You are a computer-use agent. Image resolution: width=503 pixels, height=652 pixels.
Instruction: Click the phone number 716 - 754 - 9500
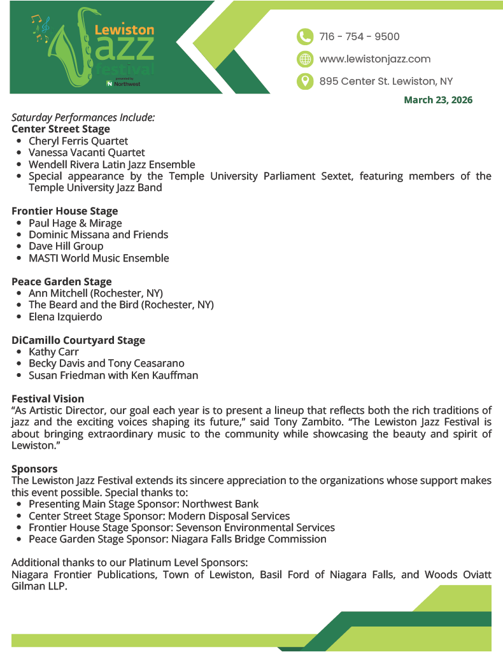click(359, 36)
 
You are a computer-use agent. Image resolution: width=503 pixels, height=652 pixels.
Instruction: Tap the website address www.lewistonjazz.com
click(374, 59)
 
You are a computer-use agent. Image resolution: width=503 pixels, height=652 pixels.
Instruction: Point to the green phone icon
click(305, 36)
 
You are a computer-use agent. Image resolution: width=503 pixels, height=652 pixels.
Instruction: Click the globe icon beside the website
click(305, 59)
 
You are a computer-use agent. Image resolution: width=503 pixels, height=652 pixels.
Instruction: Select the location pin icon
click(305, 81)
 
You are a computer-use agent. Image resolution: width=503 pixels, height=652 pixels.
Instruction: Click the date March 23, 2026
click(438, 100)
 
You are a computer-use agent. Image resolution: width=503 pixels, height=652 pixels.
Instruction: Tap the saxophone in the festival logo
click(70, 51)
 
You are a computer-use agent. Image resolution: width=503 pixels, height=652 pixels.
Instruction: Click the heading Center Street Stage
click(60, 129)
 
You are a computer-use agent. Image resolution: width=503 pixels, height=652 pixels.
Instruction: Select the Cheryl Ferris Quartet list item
click(78, 141)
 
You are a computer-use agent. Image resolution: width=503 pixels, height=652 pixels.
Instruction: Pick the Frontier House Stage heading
click(65, 211)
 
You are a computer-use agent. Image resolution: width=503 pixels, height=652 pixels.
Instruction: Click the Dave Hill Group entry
click(66, 246)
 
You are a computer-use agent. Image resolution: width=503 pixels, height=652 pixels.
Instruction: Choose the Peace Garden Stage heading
click(62, 281)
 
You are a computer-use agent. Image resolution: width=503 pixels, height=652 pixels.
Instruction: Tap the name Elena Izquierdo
click(65, 316)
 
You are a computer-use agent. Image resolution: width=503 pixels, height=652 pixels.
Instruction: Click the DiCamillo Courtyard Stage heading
click(78, 340)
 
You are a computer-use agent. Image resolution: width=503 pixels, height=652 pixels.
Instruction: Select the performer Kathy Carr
click(53, 351)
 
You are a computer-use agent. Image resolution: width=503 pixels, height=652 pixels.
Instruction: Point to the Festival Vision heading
click(48, 399)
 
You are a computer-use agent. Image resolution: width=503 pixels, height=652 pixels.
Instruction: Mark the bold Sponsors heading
click(34, 469)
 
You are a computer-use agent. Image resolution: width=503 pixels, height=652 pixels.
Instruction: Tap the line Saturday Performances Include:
click(83, 118)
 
